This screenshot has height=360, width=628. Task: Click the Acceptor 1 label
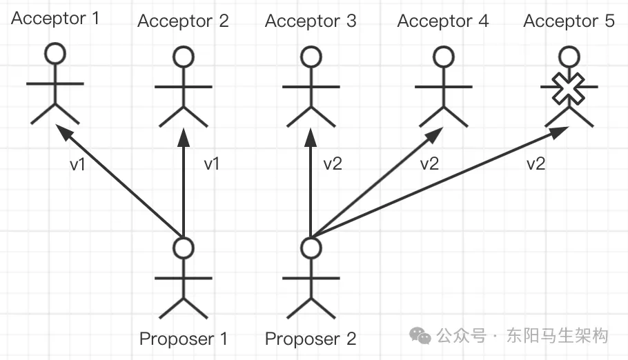coord(55,19)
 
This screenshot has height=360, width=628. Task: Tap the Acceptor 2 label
coord(183,21)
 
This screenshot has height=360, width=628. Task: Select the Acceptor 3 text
coord(311,21)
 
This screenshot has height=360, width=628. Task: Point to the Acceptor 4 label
coord(442,21)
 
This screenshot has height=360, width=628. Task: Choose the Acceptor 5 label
coord(569,21)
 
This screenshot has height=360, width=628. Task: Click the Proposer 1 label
coord(183,339)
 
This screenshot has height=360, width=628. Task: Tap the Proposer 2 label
coord(311,339)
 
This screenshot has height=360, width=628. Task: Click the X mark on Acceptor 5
coord(569,89)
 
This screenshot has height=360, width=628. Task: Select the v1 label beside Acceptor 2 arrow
coord(211,163)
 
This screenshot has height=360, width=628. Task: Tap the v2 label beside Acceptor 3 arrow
coord(333,163)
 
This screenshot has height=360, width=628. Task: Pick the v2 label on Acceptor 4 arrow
coord(429,163)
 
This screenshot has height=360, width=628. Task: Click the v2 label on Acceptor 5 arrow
coord(536,163)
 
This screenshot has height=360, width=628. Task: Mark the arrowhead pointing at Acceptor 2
coord(184,137)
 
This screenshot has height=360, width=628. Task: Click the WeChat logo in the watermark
coord(420,336)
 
